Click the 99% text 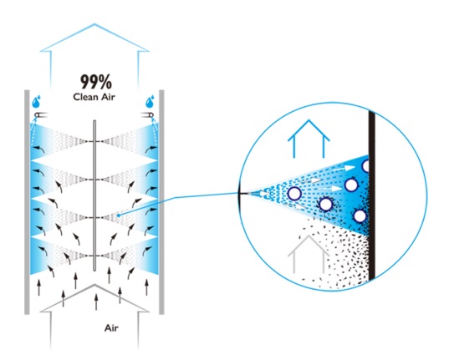pos(96,82)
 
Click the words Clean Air pos(94,97)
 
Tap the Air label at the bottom pos(111,328)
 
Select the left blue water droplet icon pos(36,102)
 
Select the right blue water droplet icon pos(150,102)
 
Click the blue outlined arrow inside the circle pos(309,139)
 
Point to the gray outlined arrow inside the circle pos(309,254)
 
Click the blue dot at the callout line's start pos(119,215)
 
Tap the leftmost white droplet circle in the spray pos(294,194)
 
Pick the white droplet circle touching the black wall pos(365,166)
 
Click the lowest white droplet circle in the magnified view pos(360,216)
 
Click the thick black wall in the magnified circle pos(372,195)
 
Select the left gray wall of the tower pos(27,202)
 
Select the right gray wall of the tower pos(161,202)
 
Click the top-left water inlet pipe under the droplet pos(41,115)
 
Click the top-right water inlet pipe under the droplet pos(147,115)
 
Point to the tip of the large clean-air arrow pos(94,23)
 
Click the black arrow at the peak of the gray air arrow pos(96,302)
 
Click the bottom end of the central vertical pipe pos(94,270)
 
